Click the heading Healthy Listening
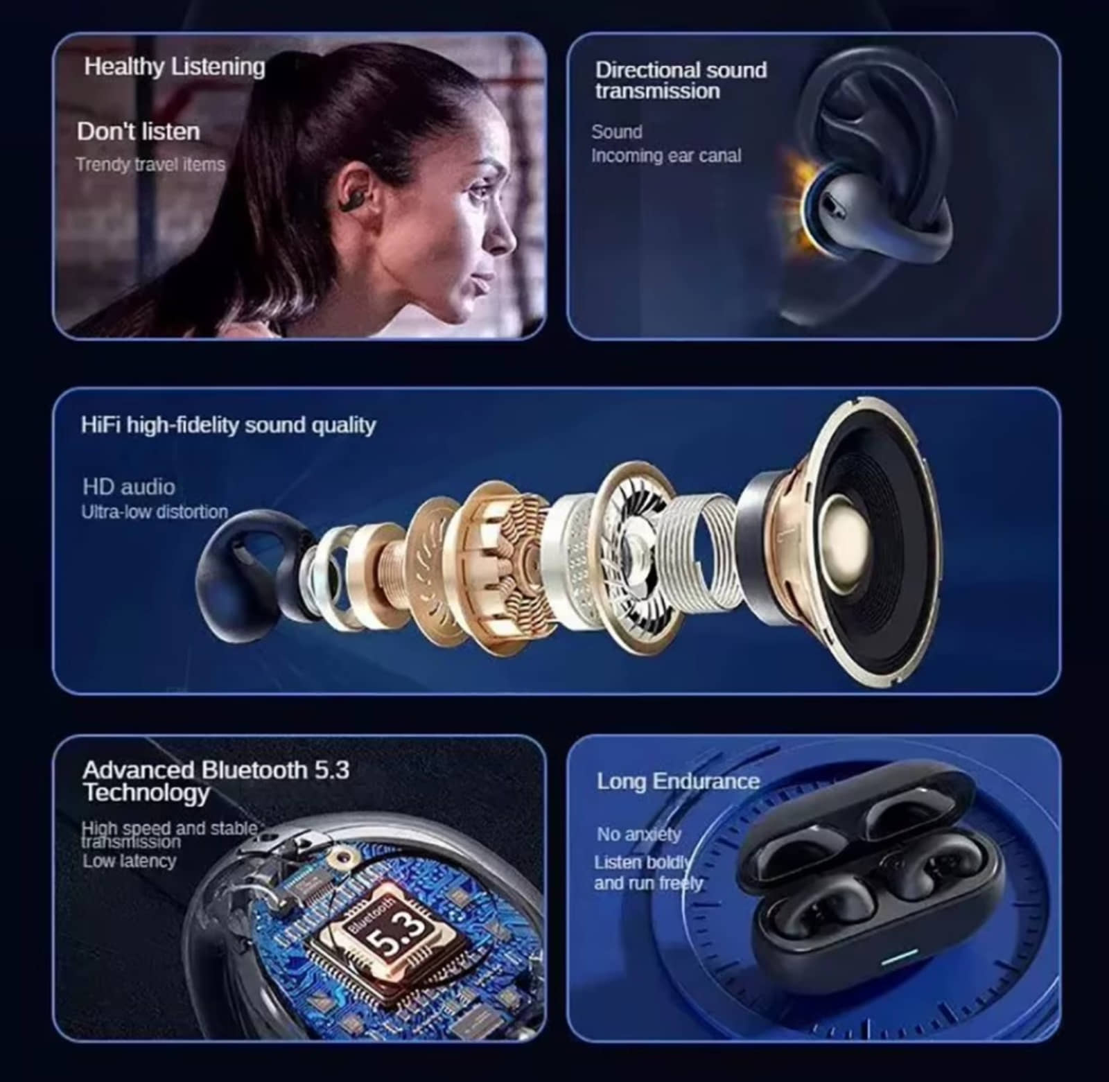click(175, 67)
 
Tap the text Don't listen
click(139, 132)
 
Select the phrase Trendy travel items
click(150, 165)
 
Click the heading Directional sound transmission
click(681, 80)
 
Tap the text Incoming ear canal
click(666, 156)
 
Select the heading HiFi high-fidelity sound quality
click(228, 425)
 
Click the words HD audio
click(129, 487)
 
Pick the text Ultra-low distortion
click(155, 512)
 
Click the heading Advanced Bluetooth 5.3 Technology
click(216, 780)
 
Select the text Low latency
click(130, 861)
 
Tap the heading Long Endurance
click(679, 781)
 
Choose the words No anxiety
click(639, 834)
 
